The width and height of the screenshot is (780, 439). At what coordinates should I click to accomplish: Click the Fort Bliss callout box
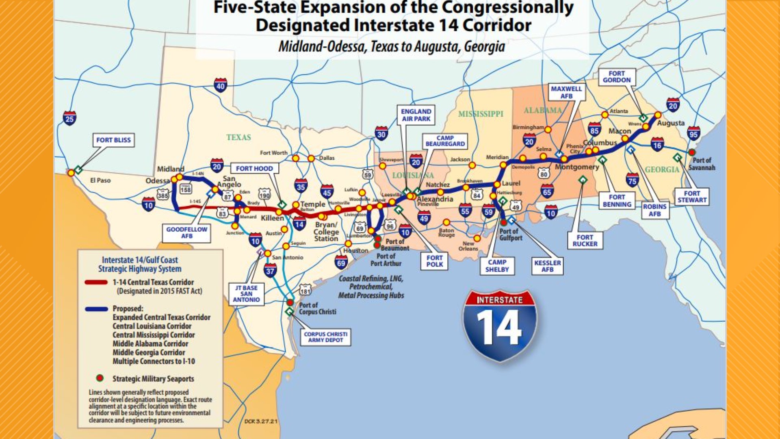[113, 140]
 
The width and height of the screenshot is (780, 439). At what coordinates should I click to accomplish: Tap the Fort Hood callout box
[254, 169]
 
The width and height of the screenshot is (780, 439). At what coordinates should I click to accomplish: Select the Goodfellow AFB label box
[186, 233]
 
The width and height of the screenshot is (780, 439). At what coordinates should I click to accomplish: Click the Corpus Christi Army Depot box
[325, 337]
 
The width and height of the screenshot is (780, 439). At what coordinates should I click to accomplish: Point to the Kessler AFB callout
[547, 266]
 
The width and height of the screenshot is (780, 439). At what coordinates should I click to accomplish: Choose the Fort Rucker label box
[585, 240]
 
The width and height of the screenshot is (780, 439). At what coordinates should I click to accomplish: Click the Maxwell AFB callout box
[566, 92]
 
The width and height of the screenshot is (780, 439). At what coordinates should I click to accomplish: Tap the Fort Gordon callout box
[616, 77]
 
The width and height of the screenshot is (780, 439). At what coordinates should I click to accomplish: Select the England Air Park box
[416, 115]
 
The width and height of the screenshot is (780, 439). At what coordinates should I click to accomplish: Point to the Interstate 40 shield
[220, 85]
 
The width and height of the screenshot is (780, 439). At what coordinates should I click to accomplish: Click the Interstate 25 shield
[69, 118]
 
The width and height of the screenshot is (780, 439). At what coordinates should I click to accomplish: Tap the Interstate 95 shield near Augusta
[693, 133]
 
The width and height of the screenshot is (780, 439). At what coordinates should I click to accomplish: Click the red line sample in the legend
[96, 282]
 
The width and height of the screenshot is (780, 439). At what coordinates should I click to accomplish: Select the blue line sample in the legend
[96, 309]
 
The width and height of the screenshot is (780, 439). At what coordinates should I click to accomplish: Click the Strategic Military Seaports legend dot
[100, 378]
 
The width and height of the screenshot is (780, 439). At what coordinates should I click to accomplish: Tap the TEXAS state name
[238, 137]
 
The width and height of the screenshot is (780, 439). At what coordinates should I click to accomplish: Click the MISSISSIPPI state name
[481, 114]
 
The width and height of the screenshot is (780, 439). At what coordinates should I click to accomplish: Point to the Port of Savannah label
[702, 164]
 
